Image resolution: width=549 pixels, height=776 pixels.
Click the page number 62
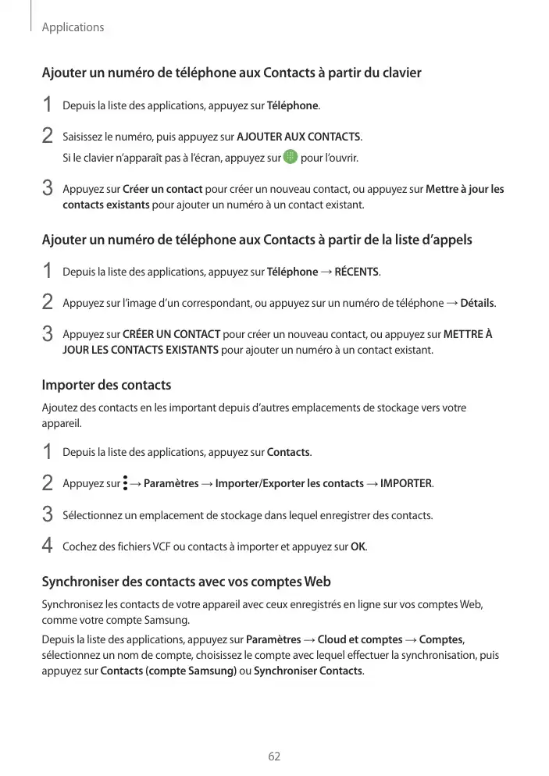coord(274,756)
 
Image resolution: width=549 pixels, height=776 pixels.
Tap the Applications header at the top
coord(73,27)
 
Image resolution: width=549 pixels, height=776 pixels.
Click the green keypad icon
coord(291,158)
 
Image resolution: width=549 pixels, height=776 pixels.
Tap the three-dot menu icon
coord(125,483)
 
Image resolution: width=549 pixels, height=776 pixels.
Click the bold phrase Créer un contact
coord(163,189)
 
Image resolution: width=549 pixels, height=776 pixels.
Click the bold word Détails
coord(478,303)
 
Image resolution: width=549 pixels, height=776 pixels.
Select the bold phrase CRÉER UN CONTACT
coord(172,335)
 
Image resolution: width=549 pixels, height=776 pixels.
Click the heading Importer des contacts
coord(106,386)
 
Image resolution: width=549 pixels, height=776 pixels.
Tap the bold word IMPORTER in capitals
coord(405,484)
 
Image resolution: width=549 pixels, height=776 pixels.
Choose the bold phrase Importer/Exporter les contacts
coord(290,484)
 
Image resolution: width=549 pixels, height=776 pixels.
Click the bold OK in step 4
coord(358,546)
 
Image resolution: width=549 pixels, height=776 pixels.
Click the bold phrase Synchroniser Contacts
coord(308,671)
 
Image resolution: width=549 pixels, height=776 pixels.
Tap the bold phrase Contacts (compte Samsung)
coord(169,671)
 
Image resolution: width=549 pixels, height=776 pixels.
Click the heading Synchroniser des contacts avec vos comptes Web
coord(186,582)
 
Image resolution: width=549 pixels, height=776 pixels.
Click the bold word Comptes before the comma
coord(446,640)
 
